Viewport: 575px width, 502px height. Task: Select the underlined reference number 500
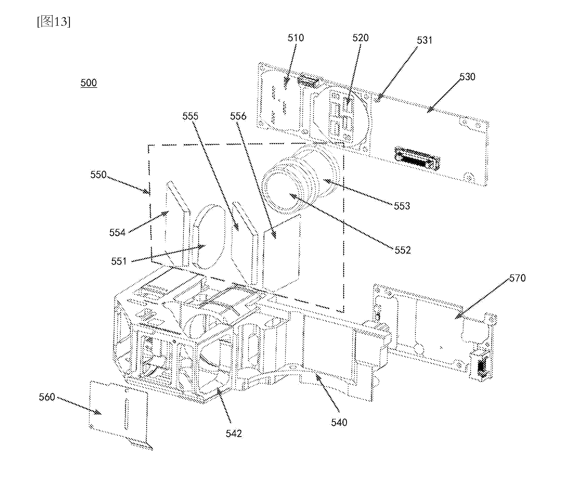click(x=89, y=83)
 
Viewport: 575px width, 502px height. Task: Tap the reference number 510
click(x=296, y=38)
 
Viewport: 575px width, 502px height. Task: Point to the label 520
click(x=360, y=38)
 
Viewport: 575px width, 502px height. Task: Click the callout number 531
click(x=425, y=40)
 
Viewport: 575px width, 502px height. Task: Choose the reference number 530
click(x=467, y=77)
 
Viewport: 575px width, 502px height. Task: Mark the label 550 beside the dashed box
click(x=98, y=175)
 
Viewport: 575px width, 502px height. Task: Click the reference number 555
click(x=190, y=116)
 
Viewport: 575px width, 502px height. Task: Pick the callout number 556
click(x=238, y=116)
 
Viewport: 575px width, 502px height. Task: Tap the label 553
click(x=402, y=206)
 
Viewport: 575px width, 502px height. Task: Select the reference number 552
click(x=403, y=250)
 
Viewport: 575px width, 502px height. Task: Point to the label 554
click(x=117, y=232)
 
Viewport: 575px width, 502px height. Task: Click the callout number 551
click(x=119, y=261)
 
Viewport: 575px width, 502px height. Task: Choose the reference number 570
click(x=518, y=278)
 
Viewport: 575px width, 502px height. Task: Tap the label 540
click(x=339, y=422)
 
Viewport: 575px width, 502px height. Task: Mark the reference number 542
click(x=234, y=434)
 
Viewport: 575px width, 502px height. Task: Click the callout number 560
click(x=47, y=397)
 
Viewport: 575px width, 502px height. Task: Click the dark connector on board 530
click(x=417, y=158)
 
